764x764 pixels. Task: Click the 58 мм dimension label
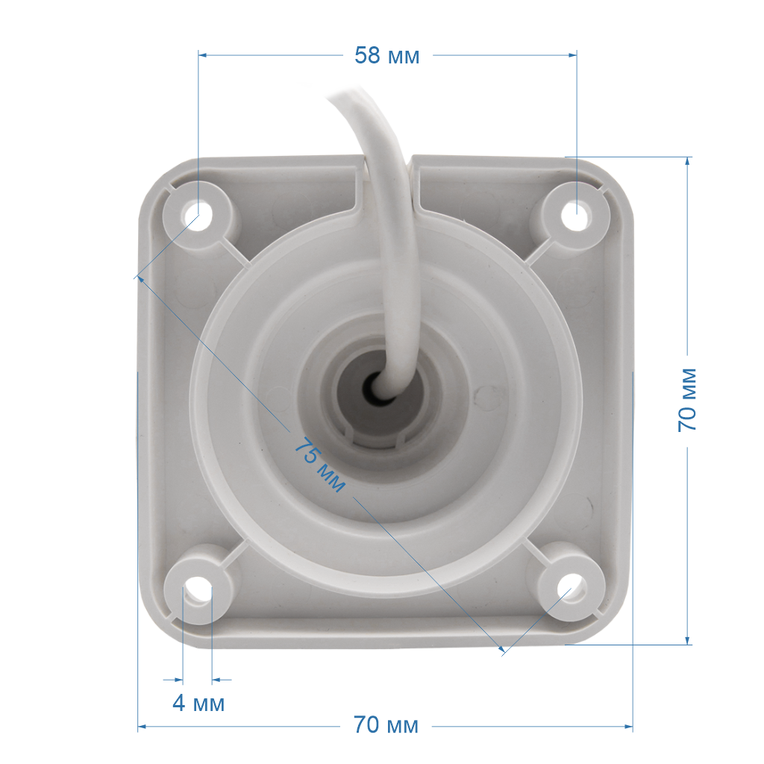(387, 55)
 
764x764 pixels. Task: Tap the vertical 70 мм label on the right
(687, 400)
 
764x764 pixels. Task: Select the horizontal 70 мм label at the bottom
(386, 725)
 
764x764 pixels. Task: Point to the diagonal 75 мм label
(319, 464)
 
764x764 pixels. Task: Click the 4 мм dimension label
(198, 703)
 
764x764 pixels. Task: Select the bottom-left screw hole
(198, 590)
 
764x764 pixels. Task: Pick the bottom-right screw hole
(571, 588)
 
